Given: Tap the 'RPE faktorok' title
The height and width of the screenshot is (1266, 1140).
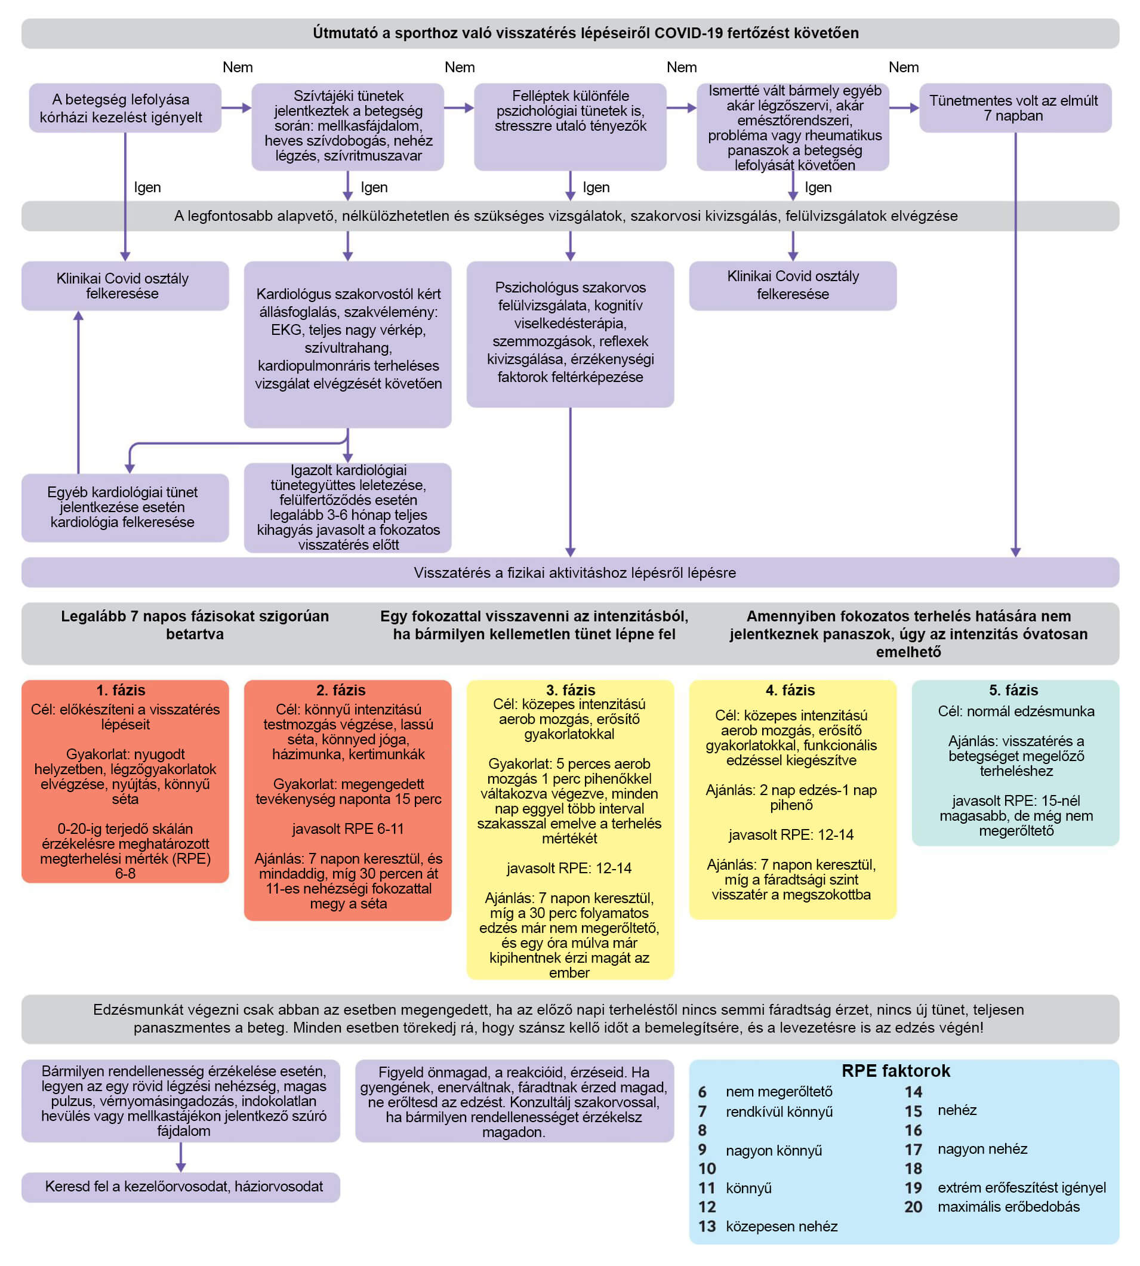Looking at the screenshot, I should (x=895, y=1071).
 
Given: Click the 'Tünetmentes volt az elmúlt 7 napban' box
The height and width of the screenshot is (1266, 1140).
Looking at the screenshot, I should (x=1015, y=108).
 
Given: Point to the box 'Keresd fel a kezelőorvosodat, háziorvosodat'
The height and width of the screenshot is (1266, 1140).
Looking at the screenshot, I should (x=180, y=1187).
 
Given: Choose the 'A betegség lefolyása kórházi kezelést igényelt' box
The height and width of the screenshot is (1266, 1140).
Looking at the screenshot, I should (x=125, y=108).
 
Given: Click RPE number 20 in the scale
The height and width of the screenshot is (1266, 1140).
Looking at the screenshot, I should (x=913, y=1206).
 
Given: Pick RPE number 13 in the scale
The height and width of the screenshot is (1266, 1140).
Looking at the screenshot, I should (x=707, y=1226).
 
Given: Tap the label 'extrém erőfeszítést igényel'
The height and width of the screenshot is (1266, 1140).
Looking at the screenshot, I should (x=1021, y=1187).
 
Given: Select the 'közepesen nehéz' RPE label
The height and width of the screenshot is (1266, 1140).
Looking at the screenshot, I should (x=781, y=1226).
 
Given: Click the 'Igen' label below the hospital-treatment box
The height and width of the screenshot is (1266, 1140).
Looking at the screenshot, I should (x=147, y=187).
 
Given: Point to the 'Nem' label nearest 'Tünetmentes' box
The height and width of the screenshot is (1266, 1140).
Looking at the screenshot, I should (x=903, y=67).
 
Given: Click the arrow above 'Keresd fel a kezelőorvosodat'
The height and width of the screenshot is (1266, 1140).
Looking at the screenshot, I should (x=180, y=1156).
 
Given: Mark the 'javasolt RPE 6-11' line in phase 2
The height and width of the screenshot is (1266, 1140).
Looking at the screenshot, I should (x=347, y=828).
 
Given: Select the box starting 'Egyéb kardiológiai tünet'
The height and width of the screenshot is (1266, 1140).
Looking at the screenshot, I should (x=125, y=507).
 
